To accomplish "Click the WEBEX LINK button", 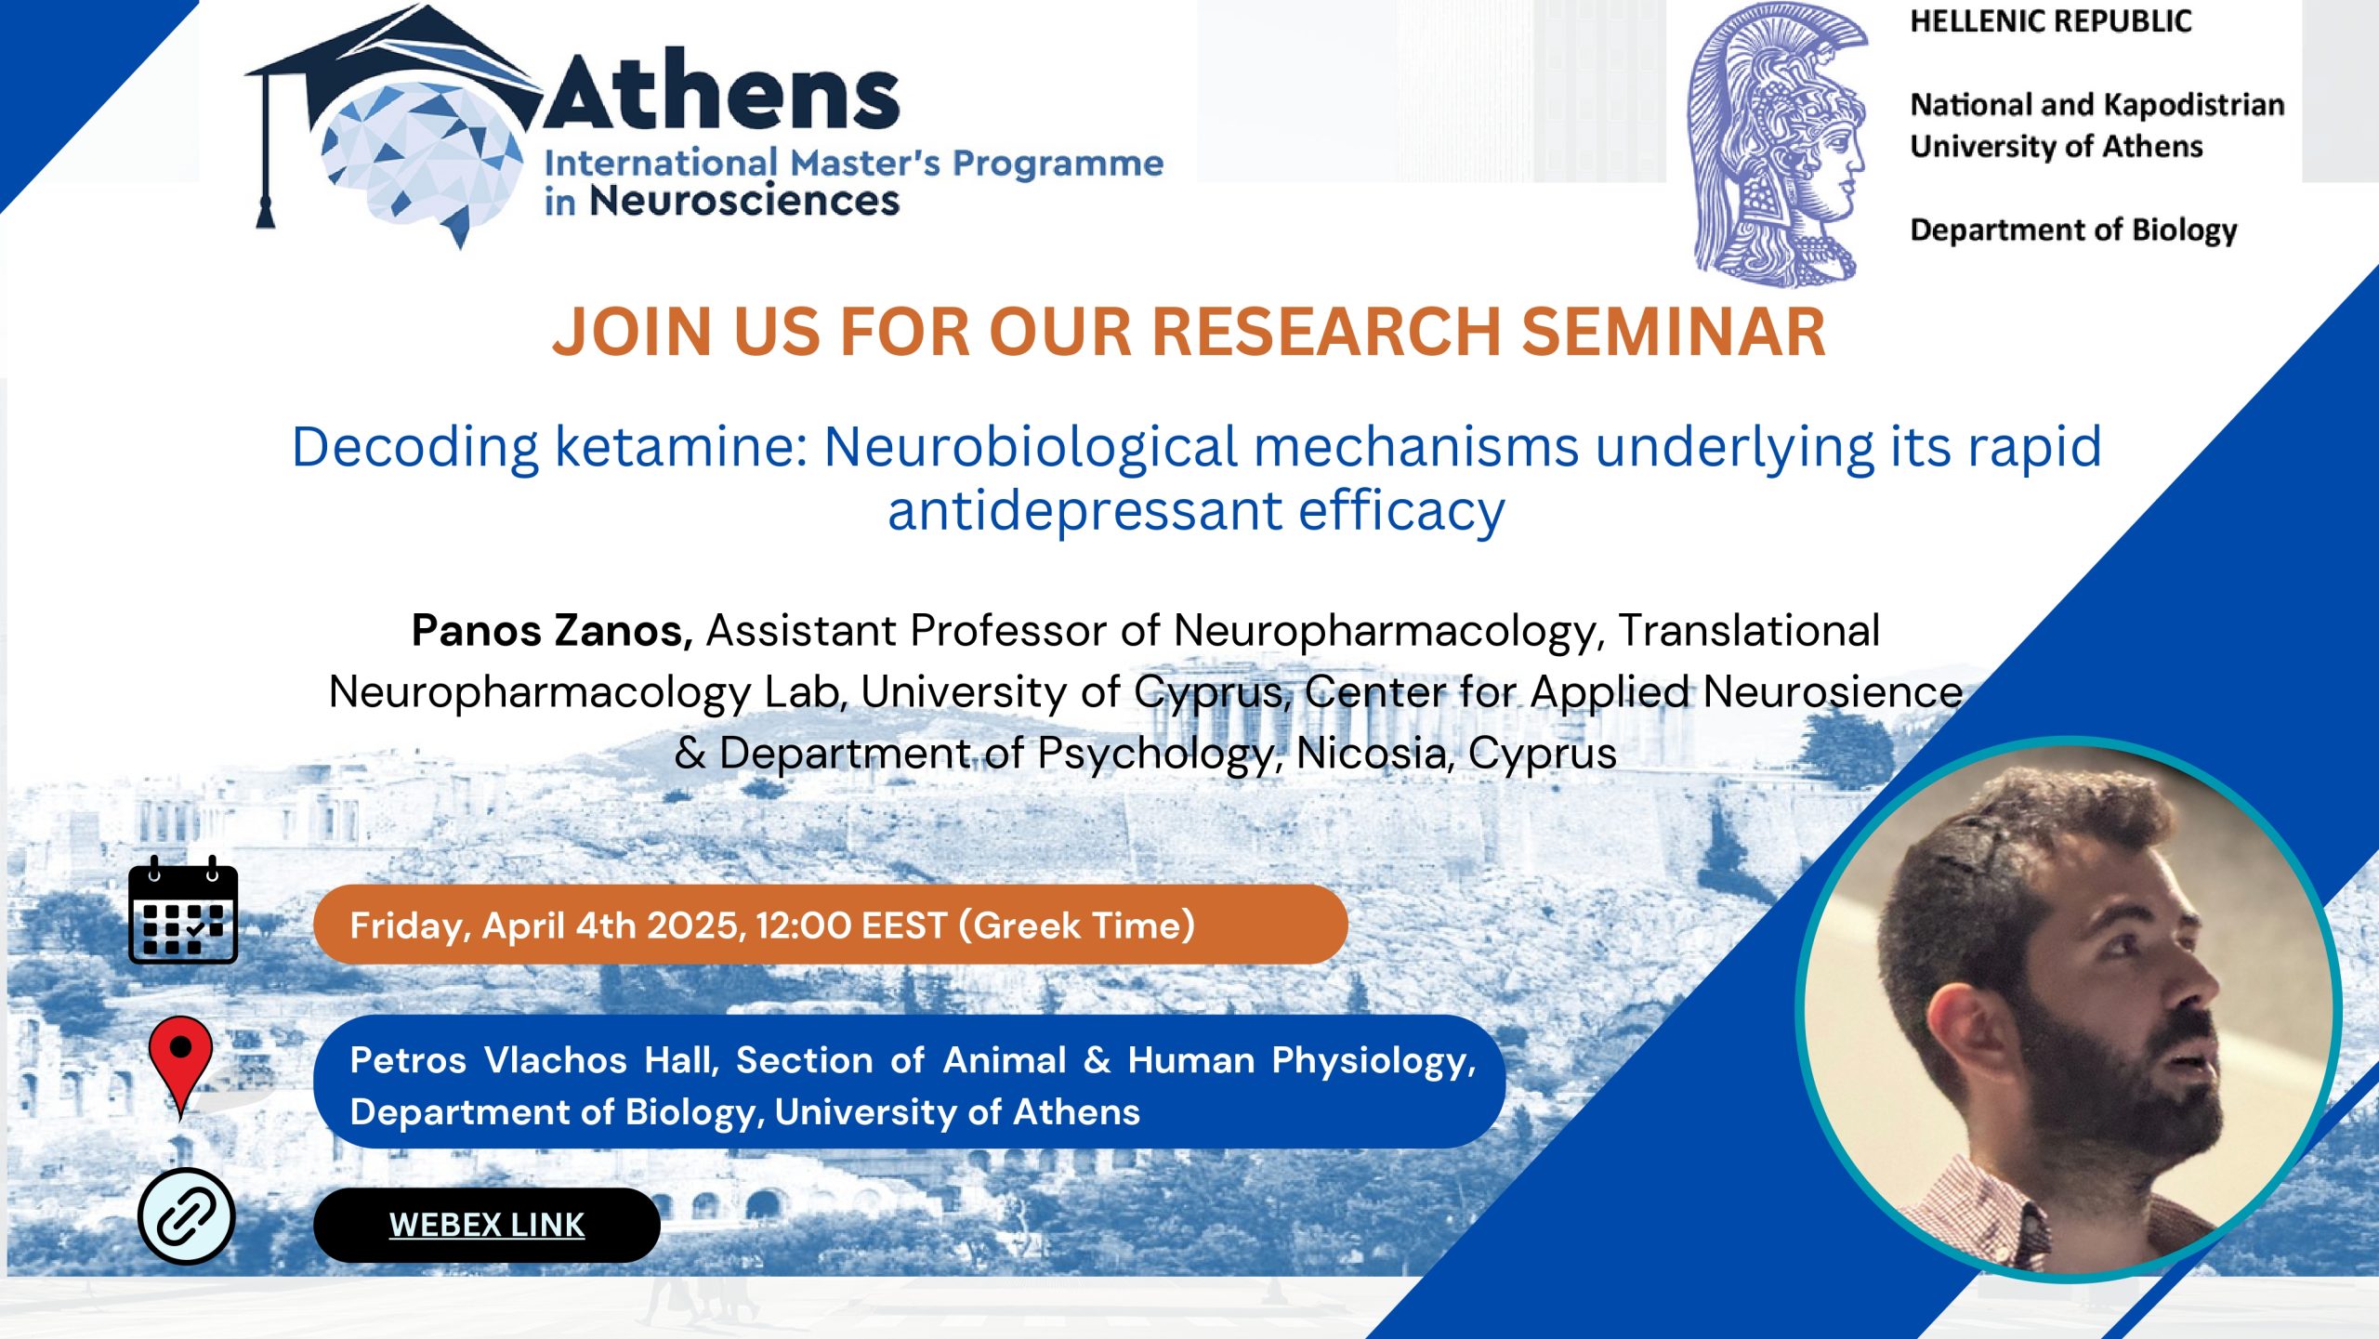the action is (x=487, y=1225).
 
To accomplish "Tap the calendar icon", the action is (x=183, y=910).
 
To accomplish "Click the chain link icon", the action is (x=186, y=1216).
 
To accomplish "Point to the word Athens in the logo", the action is (x=721, y=90).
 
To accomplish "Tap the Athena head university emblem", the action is (x=1777, y=144).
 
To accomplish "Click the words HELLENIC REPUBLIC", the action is (x=2051, y=21).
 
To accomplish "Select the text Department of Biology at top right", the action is (x=2073, y=230).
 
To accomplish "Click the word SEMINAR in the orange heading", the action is (x=1674, y=332).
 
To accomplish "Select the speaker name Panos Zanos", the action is (x=552, y=631).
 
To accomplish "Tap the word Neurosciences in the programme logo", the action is (x=744, y=201).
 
